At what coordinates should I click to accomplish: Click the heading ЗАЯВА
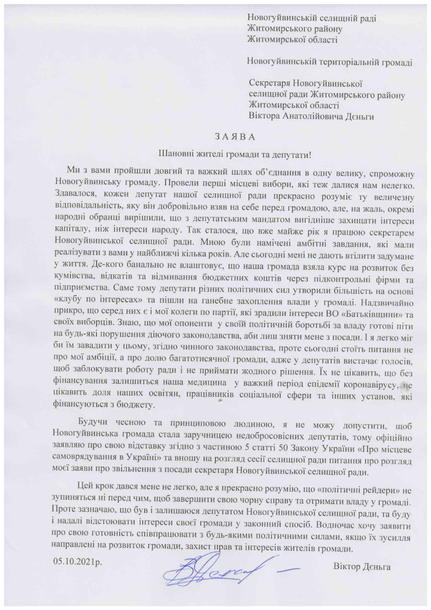click(x=235, y=137)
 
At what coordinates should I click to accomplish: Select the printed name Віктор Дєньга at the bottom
click(x=361, y=567)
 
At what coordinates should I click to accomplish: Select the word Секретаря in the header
click(x=270, y=83)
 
